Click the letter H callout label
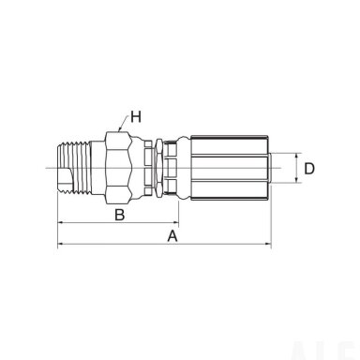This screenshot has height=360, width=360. coord(136,117)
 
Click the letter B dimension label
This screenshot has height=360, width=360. coord(120,215)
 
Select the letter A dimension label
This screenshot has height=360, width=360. coord(172,236)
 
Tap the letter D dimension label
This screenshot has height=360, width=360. coord(309,169)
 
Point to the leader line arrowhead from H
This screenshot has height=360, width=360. coord(120,128)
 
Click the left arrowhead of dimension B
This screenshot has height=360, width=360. coord(61,223)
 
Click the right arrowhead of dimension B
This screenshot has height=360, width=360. coord(175,223)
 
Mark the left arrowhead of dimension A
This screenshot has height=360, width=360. coord(61,244)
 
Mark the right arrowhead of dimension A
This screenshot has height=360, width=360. coord(268,244)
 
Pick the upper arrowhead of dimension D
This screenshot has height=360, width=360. coord(296,157)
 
